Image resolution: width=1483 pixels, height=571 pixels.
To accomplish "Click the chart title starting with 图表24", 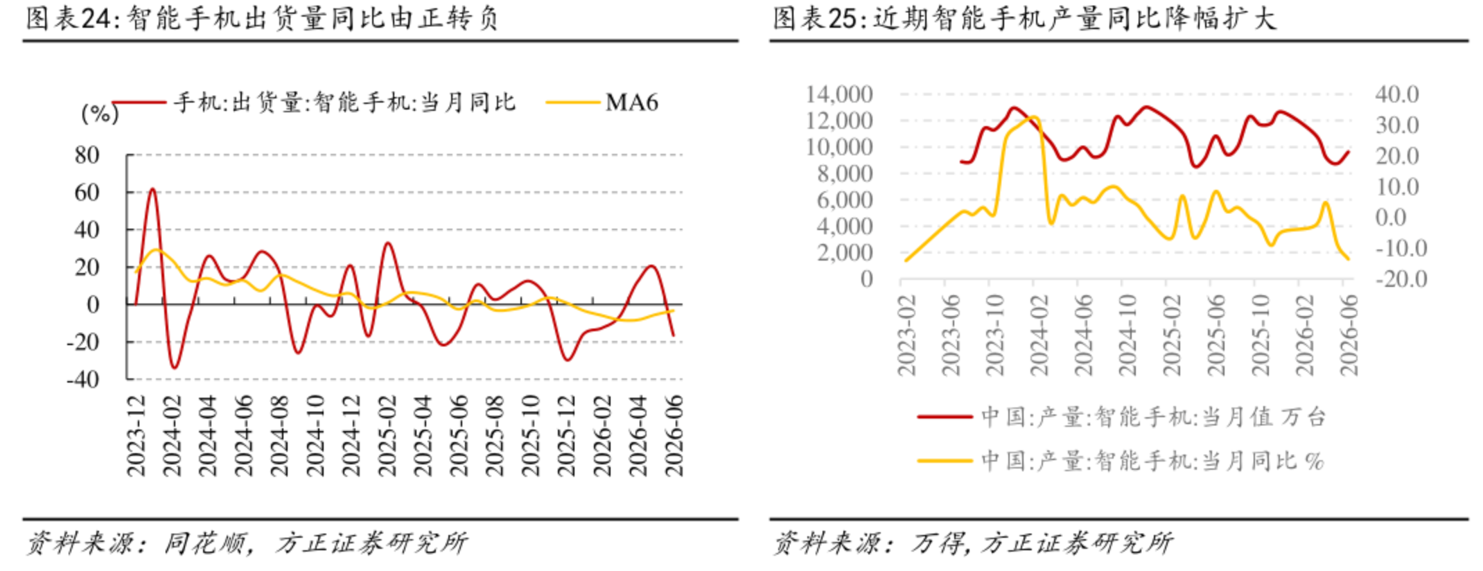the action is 263,18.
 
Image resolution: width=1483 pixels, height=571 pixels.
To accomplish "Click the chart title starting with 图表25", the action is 1024,18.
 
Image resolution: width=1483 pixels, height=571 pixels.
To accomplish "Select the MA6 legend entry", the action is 602,103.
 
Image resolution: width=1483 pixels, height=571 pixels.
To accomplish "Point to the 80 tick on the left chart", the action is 87,155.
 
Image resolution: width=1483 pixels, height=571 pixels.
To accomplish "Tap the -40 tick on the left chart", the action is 83,379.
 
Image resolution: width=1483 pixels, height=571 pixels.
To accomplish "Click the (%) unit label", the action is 100,113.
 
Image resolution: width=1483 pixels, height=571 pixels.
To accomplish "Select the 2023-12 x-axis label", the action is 137,436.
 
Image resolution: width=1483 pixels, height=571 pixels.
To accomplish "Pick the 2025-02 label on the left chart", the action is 387,436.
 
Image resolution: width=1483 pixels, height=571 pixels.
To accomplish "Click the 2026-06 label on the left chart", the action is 674,436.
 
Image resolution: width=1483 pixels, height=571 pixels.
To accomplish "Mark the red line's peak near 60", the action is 152,188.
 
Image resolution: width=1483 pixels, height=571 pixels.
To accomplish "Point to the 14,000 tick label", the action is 839,94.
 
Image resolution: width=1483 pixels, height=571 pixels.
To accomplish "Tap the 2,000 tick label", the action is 845,252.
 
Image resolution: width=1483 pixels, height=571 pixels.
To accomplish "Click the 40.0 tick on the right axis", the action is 1397,94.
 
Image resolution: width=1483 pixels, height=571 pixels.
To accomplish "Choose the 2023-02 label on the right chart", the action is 907,335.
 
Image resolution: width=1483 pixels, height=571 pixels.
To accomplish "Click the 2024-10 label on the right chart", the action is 1128,335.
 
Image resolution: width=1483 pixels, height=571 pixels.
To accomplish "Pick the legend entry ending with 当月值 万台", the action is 1121,417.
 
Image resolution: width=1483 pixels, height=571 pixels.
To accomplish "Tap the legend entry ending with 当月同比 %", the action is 1121,461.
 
